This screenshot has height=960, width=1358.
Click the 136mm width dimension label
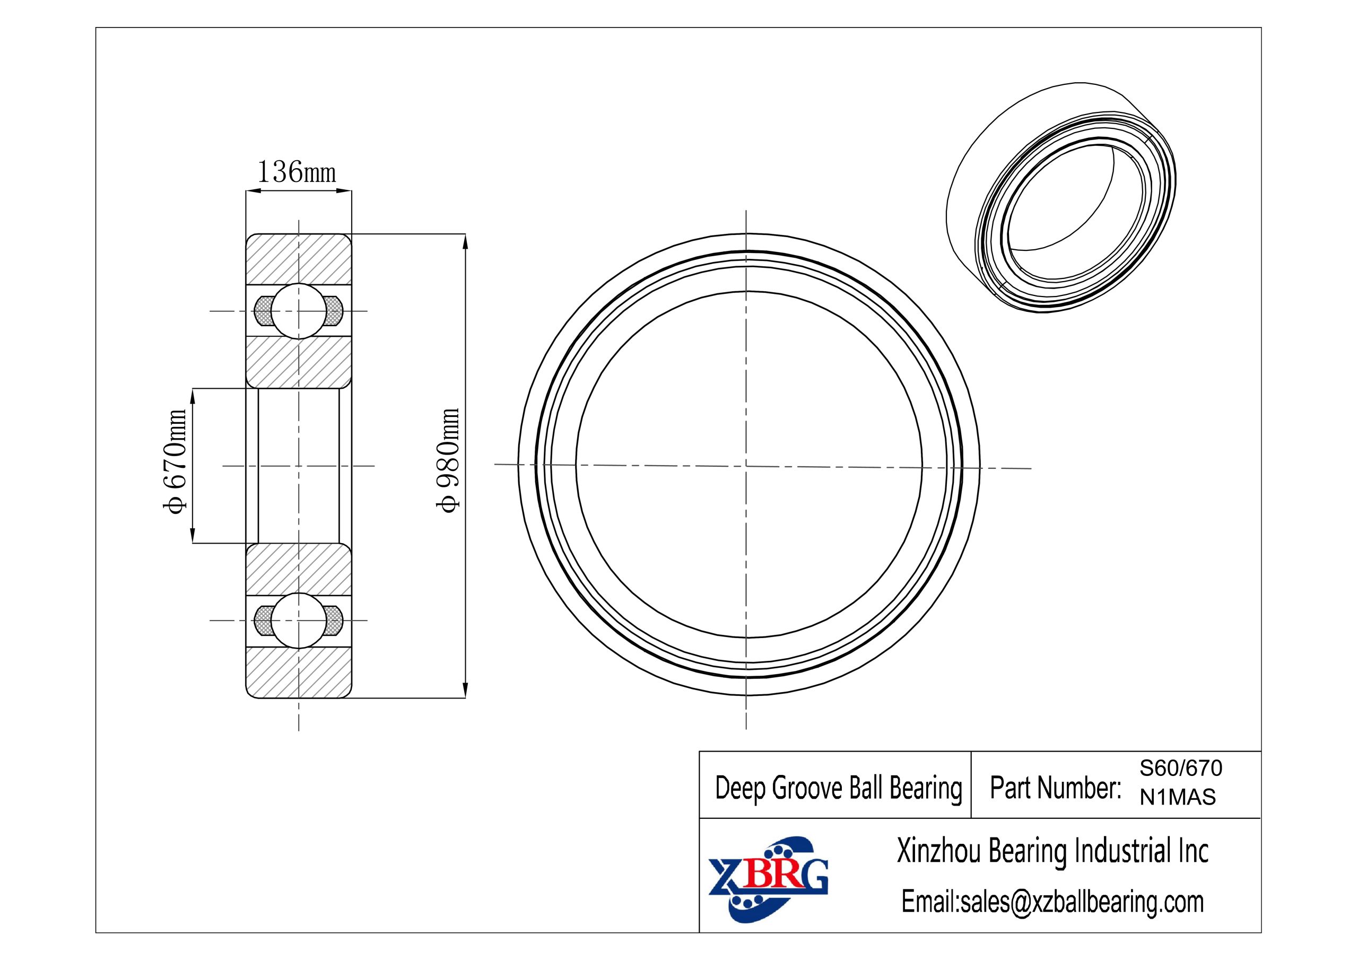tap(297, 172)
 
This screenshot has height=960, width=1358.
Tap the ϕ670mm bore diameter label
tap(176, 461)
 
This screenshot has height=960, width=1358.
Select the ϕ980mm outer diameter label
tap(447, 460)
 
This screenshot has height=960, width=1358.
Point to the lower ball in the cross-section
tap(299, 621)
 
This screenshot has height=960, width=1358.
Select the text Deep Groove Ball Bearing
tap(839, 789)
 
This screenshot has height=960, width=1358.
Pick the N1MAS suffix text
tap(1178, 797)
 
